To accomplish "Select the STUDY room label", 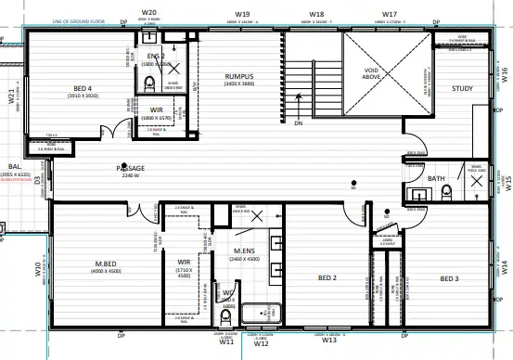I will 461,89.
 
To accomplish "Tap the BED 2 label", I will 327,278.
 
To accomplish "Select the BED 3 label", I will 449,278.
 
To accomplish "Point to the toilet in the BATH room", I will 446,191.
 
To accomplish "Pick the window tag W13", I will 329,341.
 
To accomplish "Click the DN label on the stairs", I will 299,122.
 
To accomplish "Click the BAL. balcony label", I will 16,167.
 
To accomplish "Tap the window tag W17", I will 391,15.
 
